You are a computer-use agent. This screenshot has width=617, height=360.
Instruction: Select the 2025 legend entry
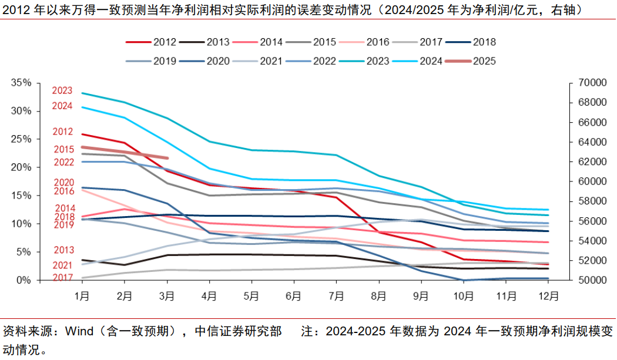(484, 60)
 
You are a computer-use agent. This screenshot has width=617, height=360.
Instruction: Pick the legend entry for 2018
(484, 42)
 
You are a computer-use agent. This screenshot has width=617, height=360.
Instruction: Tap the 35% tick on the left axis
(21, 83)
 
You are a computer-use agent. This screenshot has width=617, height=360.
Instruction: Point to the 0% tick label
(24, 280)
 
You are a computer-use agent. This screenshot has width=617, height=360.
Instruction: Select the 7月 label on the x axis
(335, 297)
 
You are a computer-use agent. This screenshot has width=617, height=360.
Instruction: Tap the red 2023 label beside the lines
(62, 90)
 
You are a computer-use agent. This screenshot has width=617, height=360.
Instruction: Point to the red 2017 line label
(62, 277)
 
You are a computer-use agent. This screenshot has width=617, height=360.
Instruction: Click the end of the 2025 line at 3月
(167, 158)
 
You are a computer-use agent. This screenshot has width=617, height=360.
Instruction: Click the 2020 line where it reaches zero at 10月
(463, 280)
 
